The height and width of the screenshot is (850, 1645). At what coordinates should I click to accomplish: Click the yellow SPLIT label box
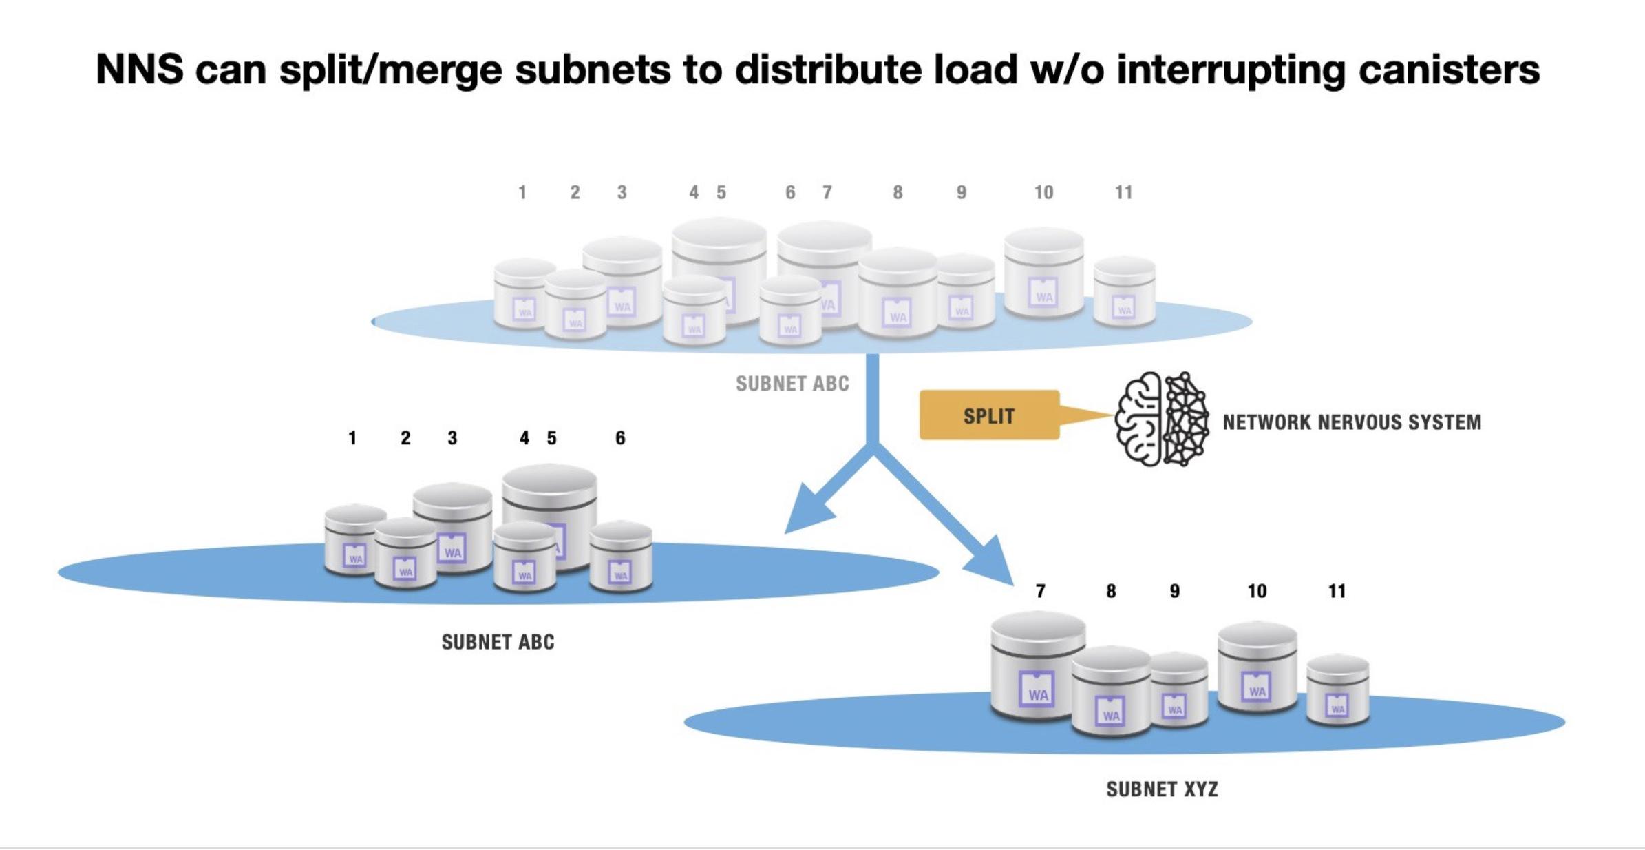pos(988,415)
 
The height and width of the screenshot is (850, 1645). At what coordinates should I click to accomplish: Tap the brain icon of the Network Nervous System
pos(1162,419)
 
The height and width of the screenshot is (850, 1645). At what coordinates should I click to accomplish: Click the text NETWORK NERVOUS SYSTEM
pos(1352,422)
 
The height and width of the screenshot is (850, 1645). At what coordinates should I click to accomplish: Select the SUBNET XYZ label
pos(1162,789)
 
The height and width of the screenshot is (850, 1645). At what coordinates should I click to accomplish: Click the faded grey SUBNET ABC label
pos(792,384)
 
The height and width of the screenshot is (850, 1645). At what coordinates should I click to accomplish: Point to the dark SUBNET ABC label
pos(498,642)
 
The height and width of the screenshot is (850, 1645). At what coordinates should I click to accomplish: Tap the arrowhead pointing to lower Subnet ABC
pos(809,513)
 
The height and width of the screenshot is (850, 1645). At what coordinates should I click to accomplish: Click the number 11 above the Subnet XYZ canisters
pos(1337,591)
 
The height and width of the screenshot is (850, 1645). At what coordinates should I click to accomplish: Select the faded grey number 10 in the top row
pos(1043,193)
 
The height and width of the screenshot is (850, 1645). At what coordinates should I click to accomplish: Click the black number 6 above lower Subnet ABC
pos(620,438)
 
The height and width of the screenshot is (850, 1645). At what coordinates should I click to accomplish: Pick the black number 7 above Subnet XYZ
pos(1040,591)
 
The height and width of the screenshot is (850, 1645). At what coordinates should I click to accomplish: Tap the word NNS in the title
pos(140,70)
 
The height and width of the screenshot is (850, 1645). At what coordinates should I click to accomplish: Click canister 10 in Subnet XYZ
pos(1257,667)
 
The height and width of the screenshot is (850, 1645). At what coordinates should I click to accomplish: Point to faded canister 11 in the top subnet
pos(1124,292)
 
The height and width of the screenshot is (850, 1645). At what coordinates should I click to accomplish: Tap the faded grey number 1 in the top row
pos(522,193)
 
